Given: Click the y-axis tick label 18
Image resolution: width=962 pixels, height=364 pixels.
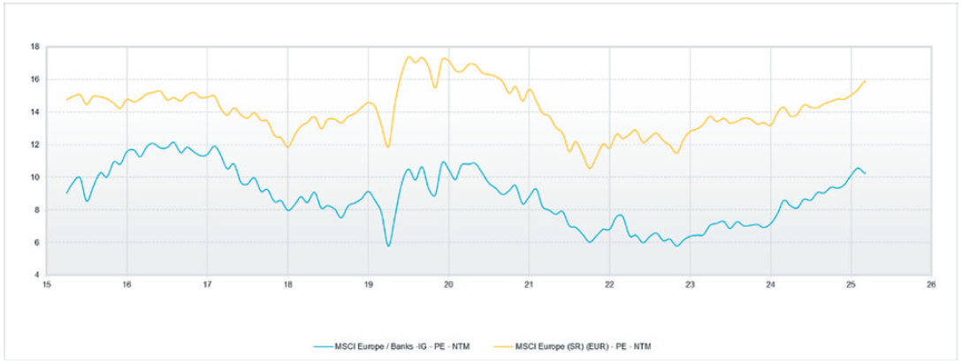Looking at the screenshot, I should [35, 46].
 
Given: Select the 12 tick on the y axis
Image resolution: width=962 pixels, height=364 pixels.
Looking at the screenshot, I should [35, 144].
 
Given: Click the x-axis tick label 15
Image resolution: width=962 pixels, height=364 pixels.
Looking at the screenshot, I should [46, 284].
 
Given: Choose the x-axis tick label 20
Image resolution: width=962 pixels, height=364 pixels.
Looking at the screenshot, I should [448, 284].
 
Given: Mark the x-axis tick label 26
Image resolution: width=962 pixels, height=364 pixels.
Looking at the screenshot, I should [931, 284].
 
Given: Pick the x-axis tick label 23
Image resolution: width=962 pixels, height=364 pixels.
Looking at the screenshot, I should [690, 284].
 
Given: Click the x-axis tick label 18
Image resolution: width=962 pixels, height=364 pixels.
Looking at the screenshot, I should [287, 284].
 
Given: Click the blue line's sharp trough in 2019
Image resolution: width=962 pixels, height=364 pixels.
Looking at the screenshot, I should [388, 246].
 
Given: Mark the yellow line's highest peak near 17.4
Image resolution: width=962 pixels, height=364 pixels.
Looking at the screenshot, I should [408, 57].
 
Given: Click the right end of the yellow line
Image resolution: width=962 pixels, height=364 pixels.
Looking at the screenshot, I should [865, 80].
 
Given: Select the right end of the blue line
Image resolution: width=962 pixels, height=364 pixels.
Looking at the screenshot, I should [865, 173].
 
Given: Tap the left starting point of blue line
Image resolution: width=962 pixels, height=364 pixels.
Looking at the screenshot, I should [66, 193].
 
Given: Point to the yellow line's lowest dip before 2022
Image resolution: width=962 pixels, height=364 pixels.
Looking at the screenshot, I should [589, 168].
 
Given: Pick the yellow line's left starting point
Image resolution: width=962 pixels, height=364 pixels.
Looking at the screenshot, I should [66, 100].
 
